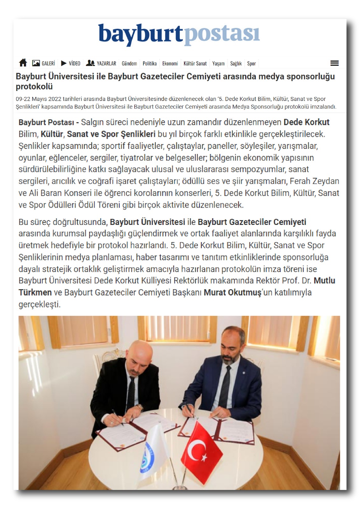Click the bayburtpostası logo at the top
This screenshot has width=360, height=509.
coord(179,34)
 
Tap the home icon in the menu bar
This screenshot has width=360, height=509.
coord(23,63)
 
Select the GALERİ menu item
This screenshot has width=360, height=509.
coord(44,63)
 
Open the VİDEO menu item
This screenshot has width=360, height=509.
coord(71,63)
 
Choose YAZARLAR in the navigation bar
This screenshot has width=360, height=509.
coord(101,63)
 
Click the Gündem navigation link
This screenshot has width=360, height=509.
coord(129,64)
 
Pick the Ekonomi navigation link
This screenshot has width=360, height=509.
coord(170,64)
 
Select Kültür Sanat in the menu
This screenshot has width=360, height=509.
coord(195,64)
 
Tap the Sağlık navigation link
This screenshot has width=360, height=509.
coord(236,64)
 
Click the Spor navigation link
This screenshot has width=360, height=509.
coord(251,64)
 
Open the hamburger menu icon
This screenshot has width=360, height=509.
coord(334,63)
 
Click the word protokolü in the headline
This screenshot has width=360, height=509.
coord(34,87)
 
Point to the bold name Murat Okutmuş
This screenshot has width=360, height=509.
coord(232,292)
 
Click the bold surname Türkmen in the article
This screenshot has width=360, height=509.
coord(35,292)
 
